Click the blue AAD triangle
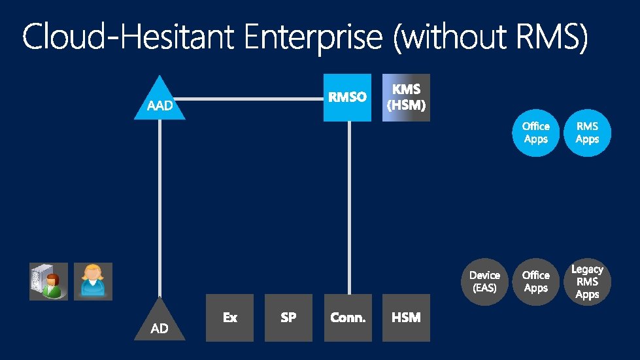click(x=160, y=102)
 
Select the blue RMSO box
click(x=347, y=97)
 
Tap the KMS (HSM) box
click(x=406, y=97)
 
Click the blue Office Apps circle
click(x=535, y=133)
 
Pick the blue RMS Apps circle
click(x=587, y=133)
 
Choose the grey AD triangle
click(x=160, y=323)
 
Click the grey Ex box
click(x=229, y=318)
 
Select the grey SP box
click(x=288, y=318)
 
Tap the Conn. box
click(x=347, y=318)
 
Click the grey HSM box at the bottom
click(x=406, y=318)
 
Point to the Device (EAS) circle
click(x=484, y=282)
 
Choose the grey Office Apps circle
click(x=535, y=282)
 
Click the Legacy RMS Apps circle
click(x=587, y=282)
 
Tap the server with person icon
click(x=48, y=282)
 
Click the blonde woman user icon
click(x=93, y=282)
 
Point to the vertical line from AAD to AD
click(x=160, y=209)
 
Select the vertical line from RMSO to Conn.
click(x=348, y=209)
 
